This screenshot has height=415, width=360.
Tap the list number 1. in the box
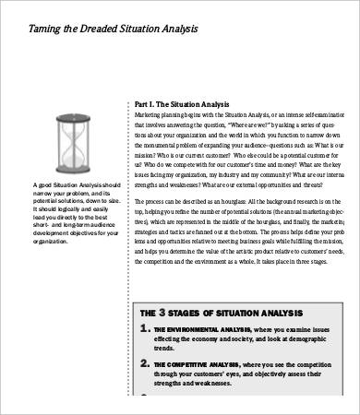146,328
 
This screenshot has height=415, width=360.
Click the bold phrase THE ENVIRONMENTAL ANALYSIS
200,330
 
